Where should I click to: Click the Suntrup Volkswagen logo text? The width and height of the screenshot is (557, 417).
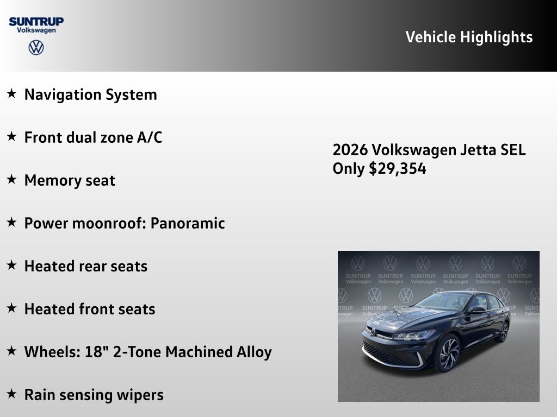[x=36, y=25]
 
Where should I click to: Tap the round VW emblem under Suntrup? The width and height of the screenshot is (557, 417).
[x=36, y=48]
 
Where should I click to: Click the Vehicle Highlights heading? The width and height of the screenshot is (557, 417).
[x=469, y=37]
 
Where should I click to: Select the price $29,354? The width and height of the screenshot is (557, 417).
[x=398, y=169]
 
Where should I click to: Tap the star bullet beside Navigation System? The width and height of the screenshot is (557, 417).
[x=11, y=94]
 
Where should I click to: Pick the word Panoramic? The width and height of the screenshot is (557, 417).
[x=188, y=223]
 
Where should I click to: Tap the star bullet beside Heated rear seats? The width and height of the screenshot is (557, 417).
[x=11, y=266]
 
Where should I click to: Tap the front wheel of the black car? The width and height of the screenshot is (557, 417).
[x=447, y=353]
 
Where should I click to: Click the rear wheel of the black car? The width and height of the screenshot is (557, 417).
[x=504, y=331]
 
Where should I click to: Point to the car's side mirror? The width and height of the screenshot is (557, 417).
[x=476, y=309]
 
